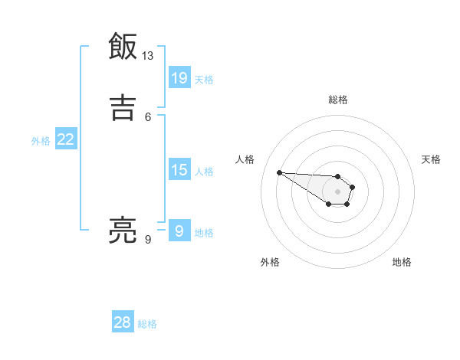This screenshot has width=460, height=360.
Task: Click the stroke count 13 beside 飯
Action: [x=148, y=56]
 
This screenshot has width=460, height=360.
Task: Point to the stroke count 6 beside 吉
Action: [x=148, y=116]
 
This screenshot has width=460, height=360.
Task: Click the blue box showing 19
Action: [x=179, y=77]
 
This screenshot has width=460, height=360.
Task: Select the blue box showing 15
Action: [x=179, y=170]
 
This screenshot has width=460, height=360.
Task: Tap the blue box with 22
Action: [x=66, y=139]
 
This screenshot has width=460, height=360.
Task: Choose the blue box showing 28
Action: [x=123, y=322]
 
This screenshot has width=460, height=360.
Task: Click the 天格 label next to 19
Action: [x=204, y=80]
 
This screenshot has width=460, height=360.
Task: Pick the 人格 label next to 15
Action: [x=204, y=172]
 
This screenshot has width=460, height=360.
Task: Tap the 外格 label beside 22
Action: [x=41, y=141]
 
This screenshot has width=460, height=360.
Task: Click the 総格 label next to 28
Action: [x=147, y=324]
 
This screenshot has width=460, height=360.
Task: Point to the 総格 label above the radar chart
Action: [x=337, y=100]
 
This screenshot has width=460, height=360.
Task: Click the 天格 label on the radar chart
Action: [x=431, y=159]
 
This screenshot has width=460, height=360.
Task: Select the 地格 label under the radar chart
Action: [x=402, y=262]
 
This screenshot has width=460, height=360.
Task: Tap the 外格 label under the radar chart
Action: [x=270, y=262]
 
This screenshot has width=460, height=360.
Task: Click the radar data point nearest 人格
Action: [x=279, y=172]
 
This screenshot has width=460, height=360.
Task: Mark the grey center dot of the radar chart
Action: [x=337, y=191]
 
